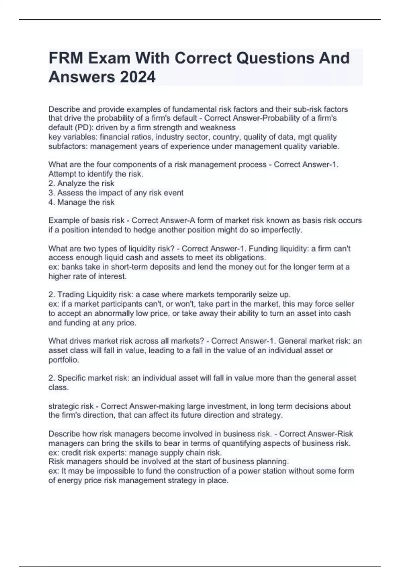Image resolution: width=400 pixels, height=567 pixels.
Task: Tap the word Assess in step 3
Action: (69, 192)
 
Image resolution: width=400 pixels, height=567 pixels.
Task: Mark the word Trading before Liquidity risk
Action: (71, 295)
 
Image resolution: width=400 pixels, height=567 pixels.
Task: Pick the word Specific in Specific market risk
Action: (71, 378)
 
